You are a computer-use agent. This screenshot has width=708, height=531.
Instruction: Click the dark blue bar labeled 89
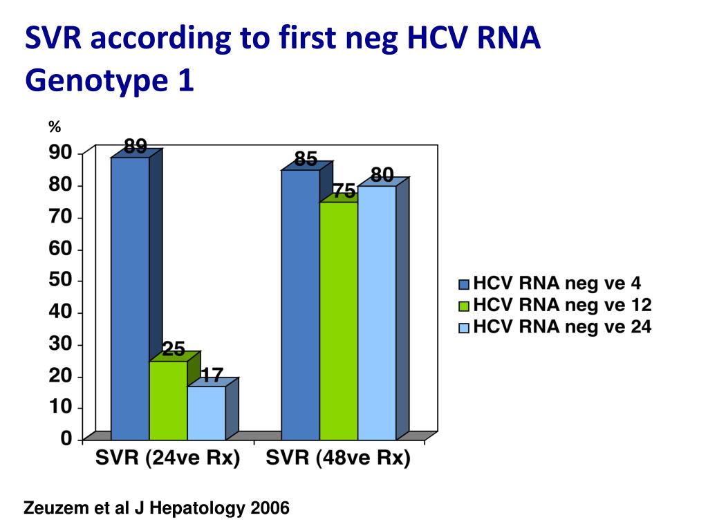coord(130,297)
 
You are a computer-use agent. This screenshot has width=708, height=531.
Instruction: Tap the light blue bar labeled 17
coord(206,413)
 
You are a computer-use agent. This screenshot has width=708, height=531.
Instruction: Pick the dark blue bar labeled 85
coord(300,304)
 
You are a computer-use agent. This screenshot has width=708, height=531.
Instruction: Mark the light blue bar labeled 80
coord(377,313)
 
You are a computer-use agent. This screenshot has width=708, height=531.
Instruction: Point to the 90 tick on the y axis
coord(60,153)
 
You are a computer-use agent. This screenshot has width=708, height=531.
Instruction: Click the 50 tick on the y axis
coord(60,280)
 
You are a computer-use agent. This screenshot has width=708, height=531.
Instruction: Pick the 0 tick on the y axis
coord(66,438)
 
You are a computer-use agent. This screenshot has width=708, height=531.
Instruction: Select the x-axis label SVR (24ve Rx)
coord(167,459)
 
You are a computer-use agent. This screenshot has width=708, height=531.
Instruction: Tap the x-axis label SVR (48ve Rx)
coord(338,459)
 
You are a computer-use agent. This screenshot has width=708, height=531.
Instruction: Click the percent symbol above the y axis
coord(55,127)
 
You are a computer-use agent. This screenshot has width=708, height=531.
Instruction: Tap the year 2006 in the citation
coord(270,510)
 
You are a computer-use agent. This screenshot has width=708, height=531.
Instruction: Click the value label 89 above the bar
coord(135,147)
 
